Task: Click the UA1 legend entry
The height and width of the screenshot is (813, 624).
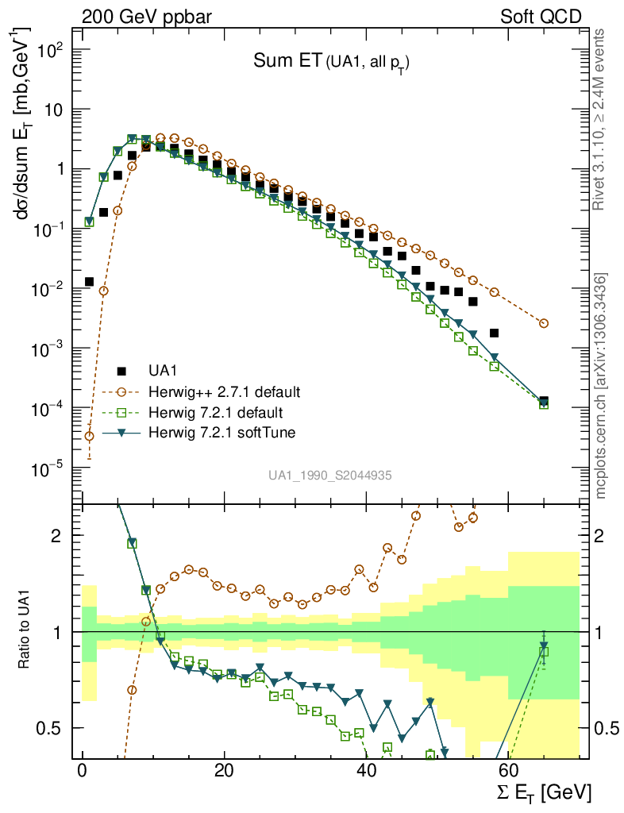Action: pos(162,371)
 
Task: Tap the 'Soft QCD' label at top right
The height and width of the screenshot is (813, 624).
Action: pos(541,16)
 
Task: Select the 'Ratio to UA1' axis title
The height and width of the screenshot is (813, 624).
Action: pos(25,631)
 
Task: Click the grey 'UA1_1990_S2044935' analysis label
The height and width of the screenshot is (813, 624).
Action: pos(329,475)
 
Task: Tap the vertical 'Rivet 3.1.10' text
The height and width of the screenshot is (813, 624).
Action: pos(599,119)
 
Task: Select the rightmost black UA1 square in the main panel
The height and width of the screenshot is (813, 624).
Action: pos(544,402)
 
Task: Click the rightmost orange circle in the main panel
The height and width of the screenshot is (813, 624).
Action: pos(544,323)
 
